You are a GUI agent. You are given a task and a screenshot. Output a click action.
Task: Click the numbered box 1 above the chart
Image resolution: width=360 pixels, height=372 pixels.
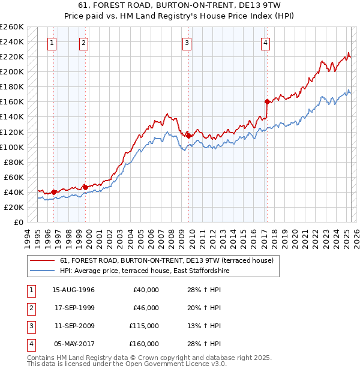53,43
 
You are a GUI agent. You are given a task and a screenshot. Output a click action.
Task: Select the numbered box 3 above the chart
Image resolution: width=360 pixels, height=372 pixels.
187,43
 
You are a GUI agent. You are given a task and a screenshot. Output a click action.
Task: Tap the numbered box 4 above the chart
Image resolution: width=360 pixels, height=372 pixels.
265,43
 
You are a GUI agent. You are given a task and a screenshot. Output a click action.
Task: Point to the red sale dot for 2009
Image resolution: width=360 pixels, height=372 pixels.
188,136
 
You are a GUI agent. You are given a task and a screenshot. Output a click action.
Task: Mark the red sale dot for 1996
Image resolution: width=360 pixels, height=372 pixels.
53,192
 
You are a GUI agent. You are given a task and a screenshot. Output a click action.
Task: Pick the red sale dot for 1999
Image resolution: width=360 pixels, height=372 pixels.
85,187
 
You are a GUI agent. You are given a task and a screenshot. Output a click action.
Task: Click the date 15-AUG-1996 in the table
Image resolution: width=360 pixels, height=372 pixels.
74,290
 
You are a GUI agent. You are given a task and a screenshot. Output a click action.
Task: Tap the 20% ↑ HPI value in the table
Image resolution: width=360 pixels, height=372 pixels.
203,308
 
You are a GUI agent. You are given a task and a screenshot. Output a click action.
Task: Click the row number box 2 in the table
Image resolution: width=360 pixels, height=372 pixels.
29,308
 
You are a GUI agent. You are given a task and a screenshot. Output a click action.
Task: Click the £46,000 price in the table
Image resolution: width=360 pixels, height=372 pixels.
145,308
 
